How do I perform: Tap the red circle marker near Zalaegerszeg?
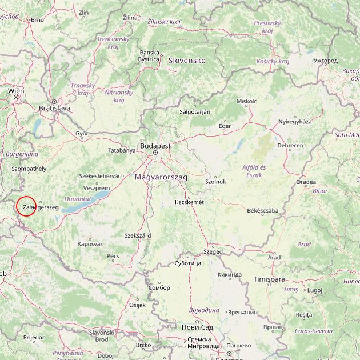coord(26,206)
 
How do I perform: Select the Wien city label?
coord(16,90)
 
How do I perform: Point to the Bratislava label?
coord(54,107)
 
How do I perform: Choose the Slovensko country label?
coord(186,60)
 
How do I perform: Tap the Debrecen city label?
coord(290,146)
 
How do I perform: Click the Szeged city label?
coord(214,251)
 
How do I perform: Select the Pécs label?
coord(113,256)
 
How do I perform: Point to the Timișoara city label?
coord(269,279)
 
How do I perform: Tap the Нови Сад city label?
coord(197,327)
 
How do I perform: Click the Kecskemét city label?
coord(189,202)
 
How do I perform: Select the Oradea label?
coord(306,182)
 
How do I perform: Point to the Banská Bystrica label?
coord(149,55)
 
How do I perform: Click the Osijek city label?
coord(138,305)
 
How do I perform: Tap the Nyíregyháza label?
coord(295,122)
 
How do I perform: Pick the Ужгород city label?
coord(326,60)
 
